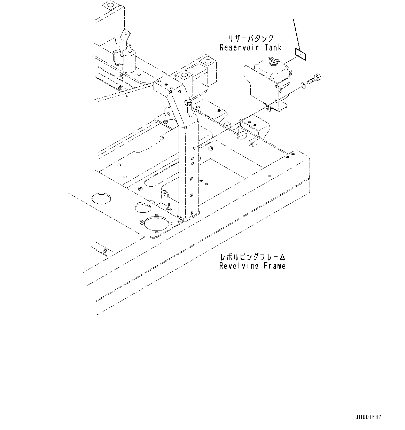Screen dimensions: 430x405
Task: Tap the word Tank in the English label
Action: (x=271, y=47)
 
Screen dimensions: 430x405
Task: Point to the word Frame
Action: (x=274, y=266)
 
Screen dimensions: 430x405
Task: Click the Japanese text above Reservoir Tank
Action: (x=250, y=39)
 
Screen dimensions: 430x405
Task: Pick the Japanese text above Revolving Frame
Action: (x=252, y=257)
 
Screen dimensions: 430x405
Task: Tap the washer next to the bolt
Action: (x=303, y=85)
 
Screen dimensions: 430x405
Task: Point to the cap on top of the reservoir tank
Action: (x=272, y=62)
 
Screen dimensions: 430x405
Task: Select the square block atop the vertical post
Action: (x=184, y=78)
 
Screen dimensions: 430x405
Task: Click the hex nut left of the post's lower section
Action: (x=140, y=189)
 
